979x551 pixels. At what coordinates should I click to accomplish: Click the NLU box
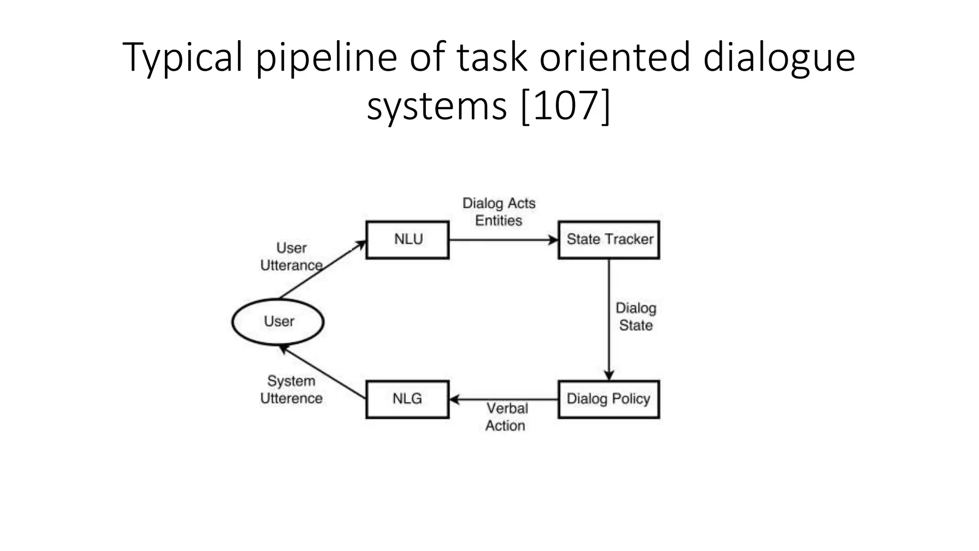tap(407, 240)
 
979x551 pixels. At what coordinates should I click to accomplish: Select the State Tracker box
tap(609, 240)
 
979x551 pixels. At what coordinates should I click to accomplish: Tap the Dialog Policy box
tap(609, 399)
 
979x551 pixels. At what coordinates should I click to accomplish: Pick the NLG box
tap(407, 399)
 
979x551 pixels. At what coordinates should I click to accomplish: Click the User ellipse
tap(278, 321)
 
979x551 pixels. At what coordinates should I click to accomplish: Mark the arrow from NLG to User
tap(322, 373)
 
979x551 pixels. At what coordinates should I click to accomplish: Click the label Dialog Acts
tap(499, 203)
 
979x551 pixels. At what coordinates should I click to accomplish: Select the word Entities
tap(499, 220)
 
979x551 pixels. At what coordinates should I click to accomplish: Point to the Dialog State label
tap(636, 317)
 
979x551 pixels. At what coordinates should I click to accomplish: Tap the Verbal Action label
tap(507, 417)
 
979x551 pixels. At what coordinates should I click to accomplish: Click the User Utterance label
tap(291, 257)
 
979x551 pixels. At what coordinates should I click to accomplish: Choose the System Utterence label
tap(291, 390)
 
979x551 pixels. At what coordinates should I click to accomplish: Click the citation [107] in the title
tap(565, 106)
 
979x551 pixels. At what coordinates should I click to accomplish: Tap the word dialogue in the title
tap(779, 58)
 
